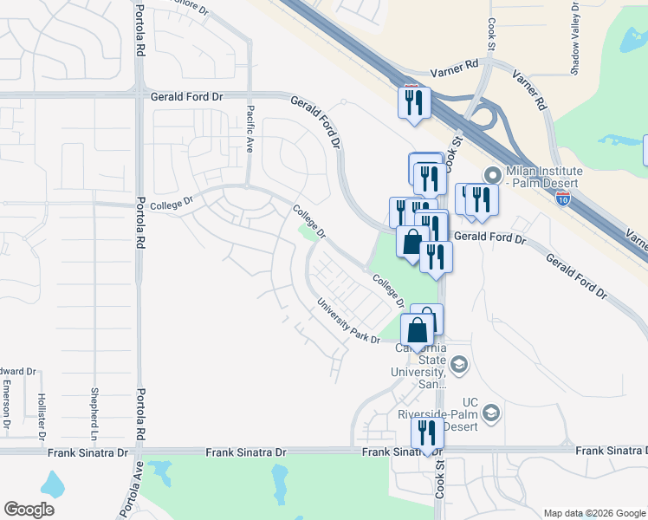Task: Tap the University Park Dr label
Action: [x=348, y=322]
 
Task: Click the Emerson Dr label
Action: [x=6, y=404]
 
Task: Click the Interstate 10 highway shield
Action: [x=564, y=198]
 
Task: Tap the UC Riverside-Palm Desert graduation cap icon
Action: [x=492, y=412]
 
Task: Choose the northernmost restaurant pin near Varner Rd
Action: [x=414, y=102]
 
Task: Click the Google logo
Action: [x=29, y=510]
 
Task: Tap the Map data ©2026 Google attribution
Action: [x=593, y=513]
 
